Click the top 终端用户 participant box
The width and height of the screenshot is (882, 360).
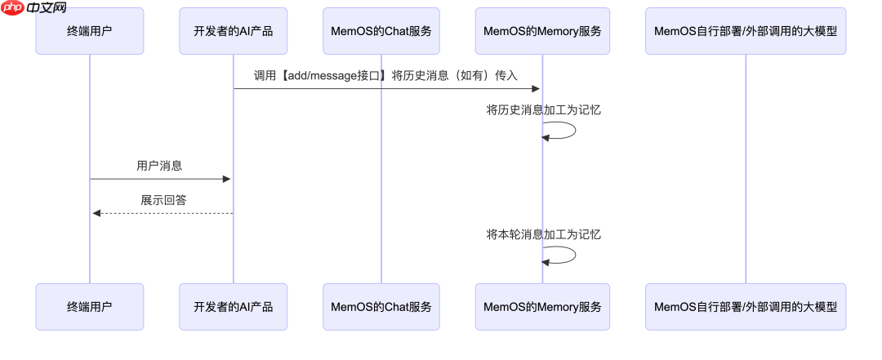(x=90, y=32)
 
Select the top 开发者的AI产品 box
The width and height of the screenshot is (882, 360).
(x=233, y=32)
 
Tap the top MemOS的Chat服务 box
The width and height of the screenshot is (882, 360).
(x=381, y=32)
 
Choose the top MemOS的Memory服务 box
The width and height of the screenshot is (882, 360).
(x=542, y=32)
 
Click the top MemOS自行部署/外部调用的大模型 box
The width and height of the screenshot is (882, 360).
(x=746, y=32)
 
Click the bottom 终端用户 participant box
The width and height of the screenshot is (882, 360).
(x=90, y=307)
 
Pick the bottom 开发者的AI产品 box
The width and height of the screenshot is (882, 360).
(x=233, y=307)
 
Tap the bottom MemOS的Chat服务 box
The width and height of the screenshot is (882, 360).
(x=381, y=307)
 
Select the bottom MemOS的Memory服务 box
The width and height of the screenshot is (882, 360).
(x=542, y=307)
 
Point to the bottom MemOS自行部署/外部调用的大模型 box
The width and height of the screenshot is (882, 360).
(x=746, y=307)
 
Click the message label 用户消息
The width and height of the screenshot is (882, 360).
(x=160, y=166)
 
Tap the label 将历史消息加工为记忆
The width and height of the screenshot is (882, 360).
(x=543, y=109)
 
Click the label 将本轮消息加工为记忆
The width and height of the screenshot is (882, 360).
(x=543, y=234)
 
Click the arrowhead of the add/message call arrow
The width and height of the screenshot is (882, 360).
(x=537, y=88)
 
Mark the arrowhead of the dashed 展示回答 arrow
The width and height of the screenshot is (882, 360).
(x=96, y=213)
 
